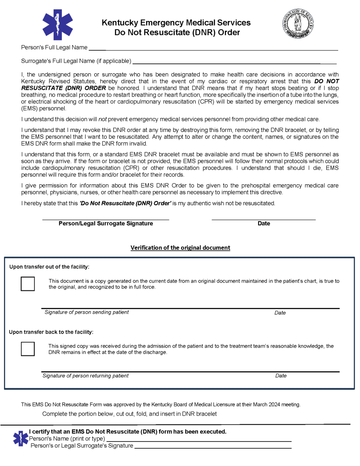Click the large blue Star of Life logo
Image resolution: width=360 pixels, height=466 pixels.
tap(57, 25)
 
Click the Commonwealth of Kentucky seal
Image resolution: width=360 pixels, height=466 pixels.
tap(298, 23)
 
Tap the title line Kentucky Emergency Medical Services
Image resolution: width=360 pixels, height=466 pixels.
tap(176, 23)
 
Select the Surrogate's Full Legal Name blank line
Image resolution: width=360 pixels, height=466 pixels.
tap(234, 62)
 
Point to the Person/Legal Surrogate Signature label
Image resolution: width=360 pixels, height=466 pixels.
tap(106, 223)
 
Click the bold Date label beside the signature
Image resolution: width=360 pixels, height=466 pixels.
tap(264, 223)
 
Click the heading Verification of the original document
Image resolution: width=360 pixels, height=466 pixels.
tap(180, 248)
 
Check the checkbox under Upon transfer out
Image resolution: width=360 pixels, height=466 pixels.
tap(28, 284)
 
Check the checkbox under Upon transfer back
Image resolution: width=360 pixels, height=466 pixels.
tap(28, 349)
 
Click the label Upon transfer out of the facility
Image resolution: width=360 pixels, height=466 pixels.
tap(49, 267)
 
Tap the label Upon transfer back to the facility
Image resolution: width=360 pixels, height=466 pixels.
tap(51, 332)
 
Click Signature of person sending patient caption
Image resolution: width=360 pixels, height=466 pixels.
tap(86, 312)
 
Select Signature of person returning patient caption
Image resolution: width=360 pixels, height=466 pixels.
tap(86, 376)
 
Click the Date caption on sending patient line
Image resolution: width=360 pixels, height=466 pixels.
tap(280, 313)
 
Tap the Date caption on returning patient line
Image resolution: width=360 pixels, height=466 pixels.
tap(281, 376)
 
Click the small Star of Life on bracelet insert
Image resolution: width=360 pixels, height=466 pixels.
tap(20, 438)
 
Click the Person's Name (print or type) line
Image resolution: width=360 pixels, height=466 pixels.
tap(198, 440)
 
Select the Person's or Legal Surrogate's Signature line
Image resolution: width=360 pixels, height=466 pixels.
tap(213, 447)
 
